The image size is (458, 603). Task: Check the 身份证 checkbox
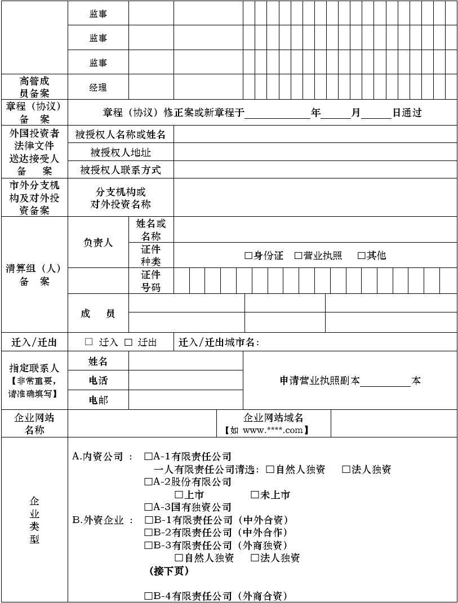click(248, 256)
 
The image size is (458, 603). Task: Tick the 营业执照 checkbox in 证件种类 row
click(299, 256)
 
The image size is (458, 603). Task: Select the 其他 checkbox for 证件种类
click(362, 256)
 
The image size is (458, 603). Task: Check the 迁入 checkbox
click(89, 342)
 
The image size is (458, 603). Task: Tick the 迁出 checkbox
click(128, 342)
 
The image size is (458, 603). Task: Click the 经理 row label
click(98, 88)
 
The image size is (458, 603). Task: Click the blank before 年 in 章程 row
click(277, 113)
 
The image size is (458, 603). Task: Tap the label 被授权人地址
click(121, 153)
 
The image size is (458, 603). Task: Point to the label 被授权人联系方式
click(121, 170)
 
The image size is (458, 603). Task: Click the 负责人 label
click(98, 243)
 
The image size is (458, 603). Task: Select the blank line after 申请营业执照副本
click(385, 381)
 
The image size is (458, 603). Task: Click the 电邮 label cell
click(98, 400)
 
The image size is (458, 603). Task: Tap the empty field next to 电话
click(186, 381)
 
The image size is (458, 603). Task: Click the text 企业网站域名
click(273, 418)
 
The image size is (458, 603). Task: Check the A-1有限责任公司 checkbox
click(149, 457)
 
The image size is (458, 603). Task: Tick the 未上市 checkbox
click(255, 495)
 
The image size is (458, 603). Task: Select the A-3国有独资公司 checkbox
click(149, 507)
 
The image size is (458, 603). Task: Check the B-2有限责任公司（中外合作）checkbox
click(149, 533)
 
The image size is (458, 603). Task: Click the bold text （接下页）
click(169, 571)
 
